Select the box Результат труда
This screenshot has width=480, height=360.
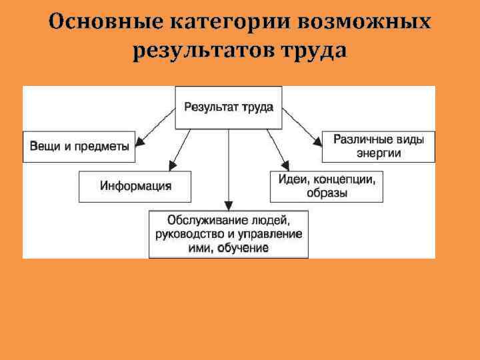click(228, 107)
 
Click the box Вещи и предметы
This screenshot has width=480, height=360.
click(79, 147)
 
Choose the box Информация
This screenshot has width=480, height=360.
click(135, 186)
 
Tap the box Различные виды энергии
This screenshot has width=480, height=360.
click(378, 146)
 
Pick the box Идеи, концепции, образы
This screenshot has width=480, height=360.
click(327, 186)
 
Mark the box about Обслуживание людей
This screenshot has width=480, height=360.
click(228, 233)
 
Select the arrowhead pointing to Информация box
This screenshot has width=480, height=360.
click(173, 165)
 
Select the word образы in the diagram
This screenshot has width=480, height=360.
click(327, 193)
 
